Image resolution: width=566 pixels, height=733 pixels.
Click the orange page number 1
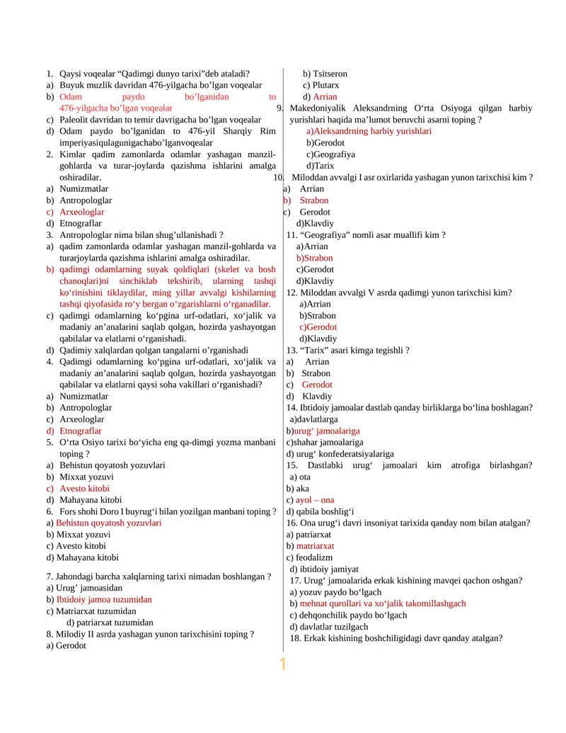(282, 665)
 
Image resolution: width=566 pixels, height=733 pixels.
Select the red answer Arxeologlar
(81, 212)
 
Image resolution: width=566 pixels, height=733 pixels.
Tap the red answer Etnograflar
(81, 431)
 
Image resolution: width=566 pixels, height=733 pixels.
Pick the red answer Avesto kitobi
(84, 489)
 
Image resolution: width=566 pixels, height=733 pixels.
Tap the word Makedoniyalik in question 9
(318, 108)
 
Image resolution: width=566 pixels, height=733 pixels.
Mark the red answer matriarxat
(315, 546)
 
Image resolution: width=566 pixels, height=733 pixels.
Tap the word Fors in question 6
(68, 511)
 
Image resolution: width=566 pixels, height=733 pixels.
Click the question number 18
(296, 638)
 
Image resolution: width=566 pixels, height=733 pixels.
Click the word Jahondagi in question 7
(79, 576)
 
